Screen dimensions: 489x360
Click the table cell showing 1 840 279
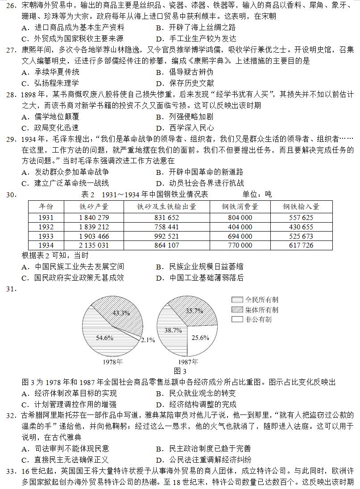coord(94,218)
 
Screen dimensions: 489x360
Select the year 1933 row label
coord(46,236)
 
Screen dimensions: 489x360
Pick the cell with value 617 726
coord(301,245)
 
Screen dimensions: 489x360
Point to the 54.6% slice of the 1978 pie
coord(105,337)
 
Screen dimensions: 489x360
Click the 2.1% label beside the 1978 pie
coord(148,340)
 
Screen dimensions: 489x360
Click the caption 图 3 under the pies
coord(180,371)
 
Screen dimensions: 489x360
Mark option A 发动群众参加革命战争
coord(65,172)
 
